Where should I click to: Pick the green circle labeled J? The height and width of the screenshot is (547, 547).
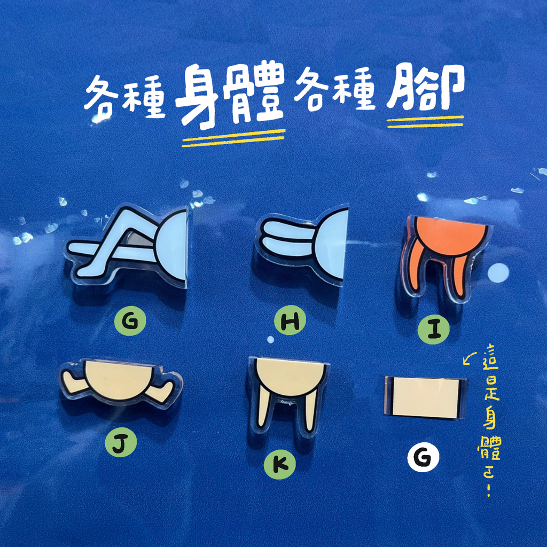click(123, 441)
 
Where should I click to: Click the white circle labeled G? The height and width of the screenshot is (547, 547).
click(423, 457)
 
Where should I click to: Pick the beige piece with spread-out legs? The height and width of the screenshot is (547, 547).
click(120, 382)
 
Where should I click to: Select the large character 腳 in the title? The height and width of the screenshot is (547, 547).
click(425, 88)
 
